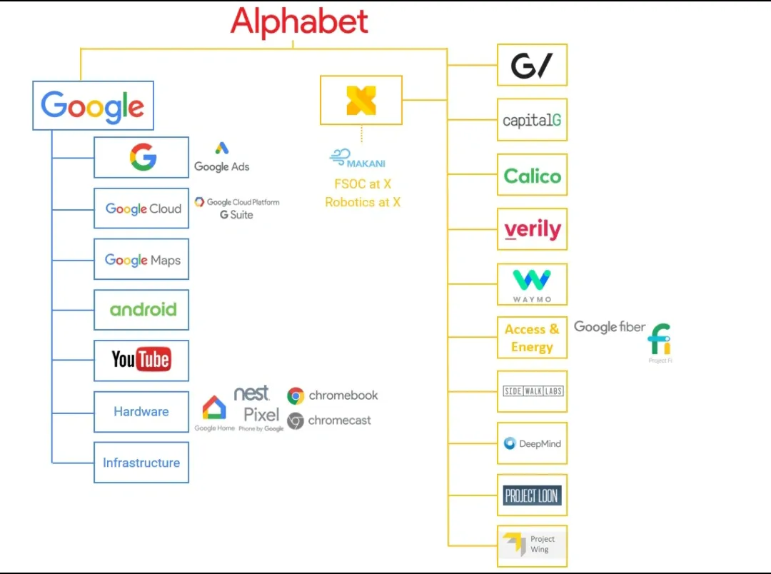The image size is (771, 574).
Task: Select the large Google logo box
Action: [93, 106]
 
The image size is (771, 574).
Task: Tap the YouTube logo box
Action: [141, 361]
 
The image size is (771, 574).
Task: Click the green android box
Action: [141, 310]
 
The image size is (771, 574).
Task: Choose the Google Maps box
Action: [141, 259]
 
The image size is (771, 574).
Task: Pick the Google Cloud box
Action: [141, 208]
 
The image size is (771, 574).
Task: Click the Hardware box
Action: [141, 412]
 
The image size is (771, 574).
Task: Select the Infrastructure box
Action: [141, 463]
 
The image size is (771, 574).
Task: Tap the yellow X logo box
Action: [361, 100]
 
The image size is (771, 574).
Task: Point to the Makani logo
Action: [358, 158]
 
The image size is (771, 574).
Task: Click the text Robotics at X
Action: [363, 202]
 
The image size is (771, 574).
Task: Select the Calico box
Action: [532, 175]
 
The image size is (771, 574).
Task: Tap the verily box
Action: [532, 229]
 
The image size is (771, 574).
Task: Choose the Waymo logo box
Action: [532, 284]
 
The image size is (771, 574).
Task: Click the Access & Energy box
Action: [532, 338]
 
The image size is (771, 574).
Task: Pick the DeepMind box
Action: [532, 443]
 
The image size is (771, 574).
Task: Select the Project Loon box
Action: [532, 495]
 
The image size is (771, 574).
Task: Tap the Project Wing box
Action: [532, 545]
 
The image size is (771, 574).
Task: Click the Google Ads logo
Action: [222, 158]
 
